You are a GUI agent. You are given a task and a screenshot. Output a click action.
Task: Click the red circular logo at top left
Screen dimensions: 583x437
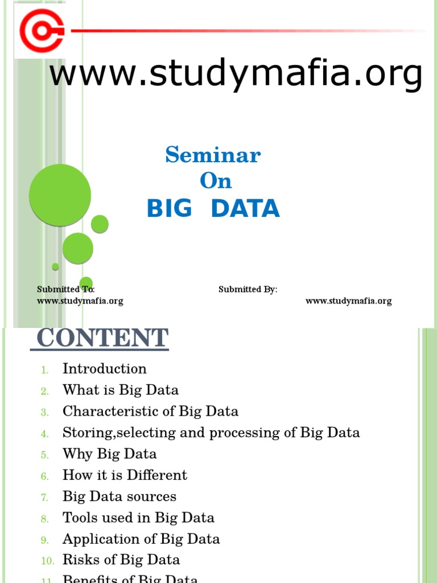pyautogui.click(x=41, y=30)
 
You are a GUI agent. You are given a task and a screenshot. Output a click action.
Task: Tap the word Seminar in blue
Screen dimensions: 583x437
pyautogui.click(x=213, y=155)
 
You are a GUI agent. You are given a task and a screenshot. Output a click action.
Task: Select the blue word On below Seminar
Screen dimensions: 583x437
pyautogui.click(x=216, y=181)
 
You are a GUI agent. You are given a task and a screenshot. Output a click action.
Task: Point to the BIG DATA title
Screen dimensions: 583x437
pyautogui.click(x=213, y=209)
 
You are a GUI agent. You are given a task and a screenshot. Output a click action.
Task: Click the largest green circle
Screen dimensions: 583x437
pyautogui.click(x=60, y=195)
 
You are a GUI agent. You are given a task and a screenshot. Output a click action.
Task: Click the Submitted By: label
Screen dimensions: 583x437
pyautogui.click(x=248, y=289)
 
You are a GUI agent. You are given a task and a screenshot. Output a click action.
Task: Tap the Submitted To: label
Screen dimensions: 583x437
pyautogui.click(x=66, y=289)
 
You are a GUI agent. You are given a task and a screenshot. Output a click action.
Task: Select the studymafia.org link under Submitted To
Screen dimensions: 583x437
pyautogui.click(x=80, y=301)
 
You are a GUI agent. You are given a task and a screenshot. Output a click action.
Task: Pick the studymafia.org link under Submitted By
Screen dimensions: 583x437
pyautogui.click(x=348, y=301)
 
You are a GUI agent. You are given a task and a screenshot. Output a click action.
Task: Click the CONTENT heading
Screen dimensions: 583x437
pyautogui.click(x=102, y=338)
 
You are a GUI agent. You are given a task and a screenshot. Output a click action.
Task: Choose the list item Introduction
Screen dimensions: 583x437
pyautogui.click(x=105, y=368)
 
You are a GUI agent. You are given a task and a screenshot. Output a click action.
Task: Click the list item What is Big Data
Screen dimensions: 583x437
pyautogui.click(x=121, y=390)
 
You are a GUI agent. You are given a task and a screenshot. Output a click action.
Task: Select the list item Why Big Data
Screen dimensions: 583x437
pyautogui.click(x=110, y=454)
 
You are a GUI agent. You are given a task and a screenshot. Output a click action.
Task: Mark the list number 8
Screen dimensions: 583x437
pyautogui.click(x=45, y=519)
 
